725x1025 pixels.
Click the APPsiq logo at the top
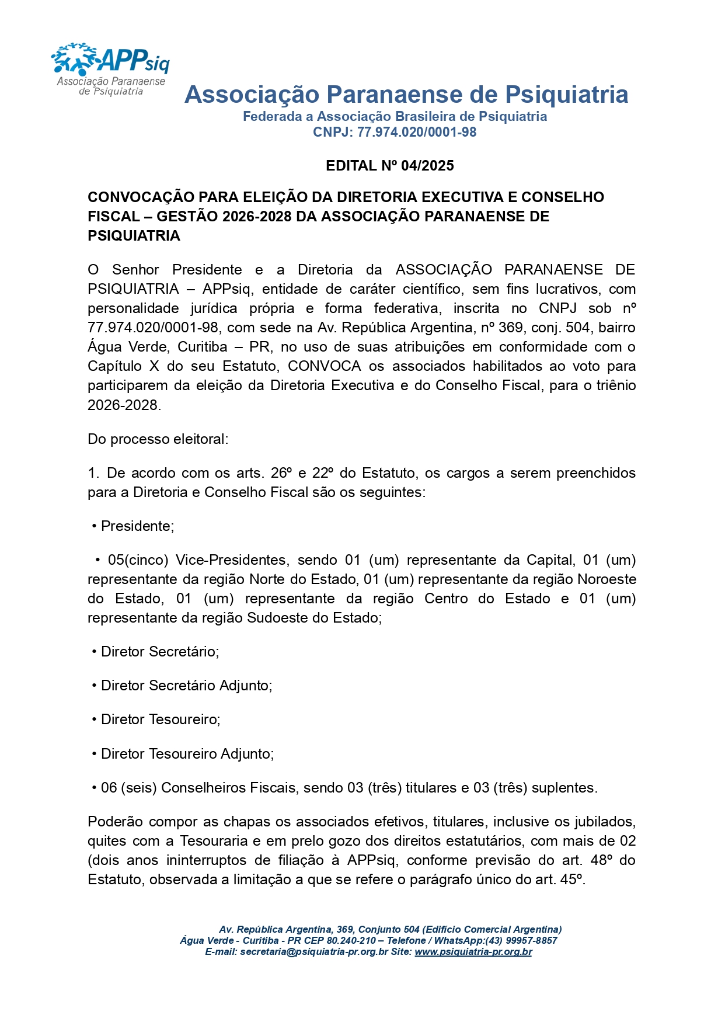click(x=110, y=69)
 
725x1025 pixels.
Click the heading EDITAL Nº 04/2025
click(x=389, y=166)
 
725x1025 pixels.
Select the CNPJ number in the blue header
click(x=416, y=133)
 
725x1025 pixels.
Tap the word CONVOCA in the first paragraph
click(x=324, y=366)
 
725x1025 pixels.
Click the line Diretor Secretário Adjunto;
click(x=186, y=686)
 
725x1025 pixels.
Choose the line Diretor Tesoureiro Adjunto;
click(x=187, y=754)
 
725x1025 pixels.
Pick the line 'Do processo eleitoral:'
click(x=158, y=439)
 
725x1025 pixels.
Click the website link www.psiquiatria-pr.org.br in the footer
click(x=473, y=952)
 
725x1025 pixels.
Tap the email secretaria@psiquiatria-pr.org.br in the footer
click(x=313, y=952)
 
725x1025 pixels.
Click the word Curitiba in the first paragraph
click(x=202, y=347)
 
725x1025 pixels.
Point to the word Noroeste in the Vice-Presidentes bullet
click(x=607, y=579)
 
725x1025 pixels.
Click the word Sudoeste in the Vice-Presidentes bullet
click(x=276, y=618)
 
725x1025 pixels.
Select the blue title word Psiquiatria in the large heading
click(x=566, y=95)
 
